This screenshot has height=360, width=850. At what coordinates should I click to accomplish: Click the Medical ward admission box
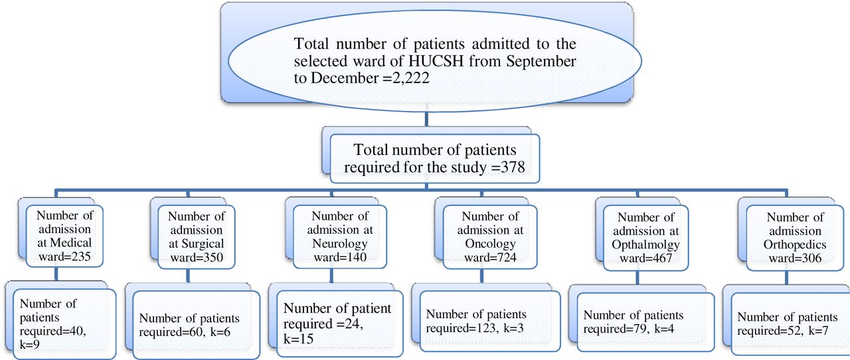point(64,236)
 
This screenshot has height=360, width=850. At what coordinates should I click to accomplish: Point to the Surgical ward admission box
point(196,236)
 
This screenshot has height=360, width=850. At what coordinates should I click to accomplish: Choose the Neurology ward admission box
point(339,236)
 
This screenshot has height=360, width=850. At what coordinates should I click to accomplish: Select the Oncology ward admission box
point(490,236)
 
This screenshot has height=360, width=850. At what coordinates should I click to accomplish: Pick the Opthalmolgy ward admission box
point(645,238)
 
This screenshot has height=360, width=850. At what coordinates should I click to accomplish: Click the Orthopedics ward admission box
point(795,238)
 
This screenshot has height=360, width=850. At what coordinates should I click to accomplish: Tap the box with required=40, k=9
point(64,324)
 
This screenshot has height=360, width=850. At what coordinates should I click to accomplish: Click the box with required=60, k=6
point(196,325)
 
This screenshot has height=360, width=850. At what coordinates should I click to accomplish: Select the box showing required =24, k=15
point(339,323)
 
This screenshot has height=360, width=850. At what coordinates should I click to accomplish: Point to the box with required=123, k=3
point(490,321)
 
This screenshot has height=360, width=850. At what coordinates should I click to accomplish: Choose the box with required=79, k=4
point(645,322)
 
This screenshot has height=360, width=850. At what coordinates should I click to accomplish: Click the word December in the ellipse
point(344,78)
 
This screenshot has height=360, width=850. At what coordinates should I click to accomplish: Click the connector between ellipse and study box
point(426,119)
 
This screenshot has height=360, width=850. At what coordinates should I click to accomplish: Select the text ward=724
point(490,258)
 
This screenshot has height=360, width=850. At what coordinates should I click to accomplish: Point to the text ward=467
point(645,258)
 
